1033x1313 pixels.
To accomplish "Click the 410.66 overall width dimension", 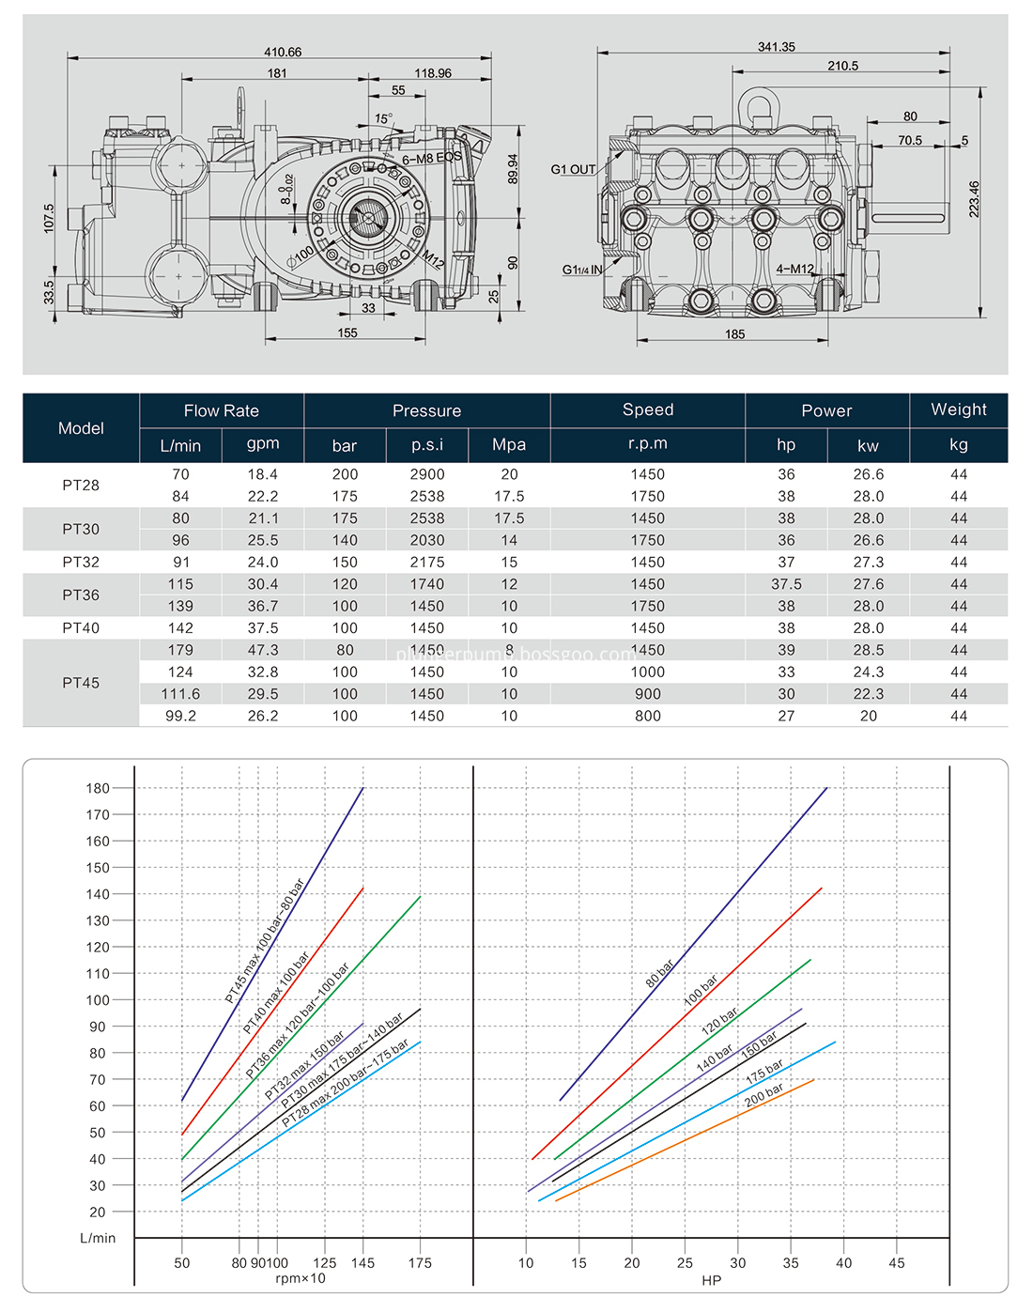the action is point(283,52).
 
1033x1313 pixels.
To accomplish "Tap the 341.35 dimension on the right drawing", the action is point(776,46).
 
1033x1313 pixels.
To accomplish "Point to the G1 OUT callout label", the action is point(573,169).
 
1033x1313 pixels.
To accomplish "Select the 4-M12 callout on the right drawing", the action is point(794,269).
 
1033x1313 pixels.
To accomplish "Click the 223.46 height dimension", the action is point(974,199).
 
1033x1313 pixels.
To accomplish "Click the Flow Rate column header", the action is point(221,410).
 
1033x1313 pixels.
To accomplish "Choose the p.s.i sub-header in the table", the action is point(427,445).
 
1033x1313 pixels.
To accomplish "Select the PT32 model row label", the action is point(81,562).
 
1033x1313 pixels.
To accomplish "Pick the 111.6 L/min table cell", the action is point(180,694).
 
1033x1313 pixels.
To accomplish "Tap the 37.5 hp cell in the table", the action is point(786,584).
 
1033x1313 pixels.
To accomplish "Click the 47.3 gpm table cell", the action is point(263,650).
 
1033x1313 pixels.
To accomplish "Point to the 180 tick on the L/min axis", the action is point(98,788).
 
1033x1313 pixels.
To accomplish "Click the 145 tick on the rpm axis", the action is point(362,1262).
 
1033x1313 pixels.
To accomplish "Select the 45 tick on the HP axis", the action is point(896,1262).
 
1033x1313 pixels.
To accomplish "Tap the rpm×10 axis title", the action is point(301,1277).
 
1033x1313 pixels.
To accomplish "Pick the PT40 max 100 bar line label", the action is point(276,992).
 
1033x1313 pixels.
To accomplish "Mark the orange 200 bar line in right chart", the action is point(684,1140).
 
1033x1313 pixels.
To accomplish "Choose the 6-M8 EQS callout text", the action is point(431,158).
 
